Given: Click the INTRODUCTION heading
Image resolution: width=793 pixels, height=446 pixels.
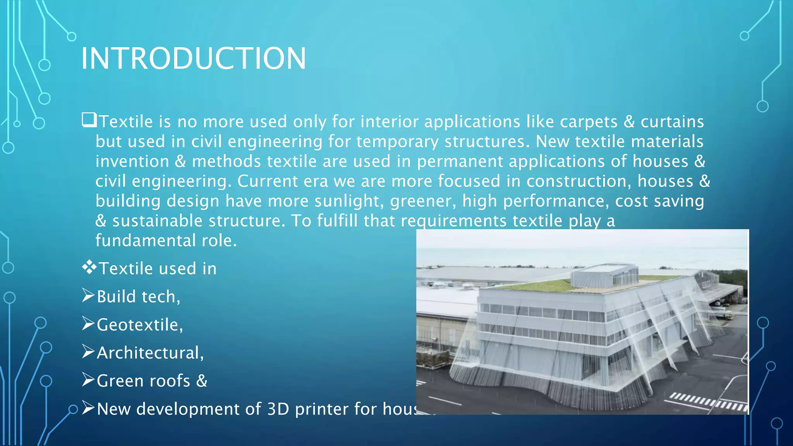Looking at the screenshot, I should (x=193, y=58).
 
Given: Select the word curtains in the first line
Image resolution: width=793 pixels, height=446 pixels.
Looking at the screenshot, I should (x=672, y=122).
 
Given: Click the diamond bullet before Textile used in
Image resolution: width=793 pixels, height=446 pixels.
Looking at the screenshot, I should (x=89, y=267).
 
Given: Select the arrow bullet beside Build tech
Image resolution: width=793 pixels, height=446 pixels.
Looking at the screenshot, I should (x=88, y=295).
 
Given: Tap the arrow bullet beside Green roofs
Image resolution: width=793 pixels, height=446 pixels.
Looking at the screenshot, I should (x=88, y=380).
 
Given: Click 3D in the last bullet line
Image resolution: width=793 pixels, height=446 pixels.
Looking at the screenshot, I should (x=278, y=409).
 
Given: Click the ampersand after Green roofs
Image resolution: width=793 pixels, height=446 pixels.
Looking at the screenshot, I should (x=202, y=381).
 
